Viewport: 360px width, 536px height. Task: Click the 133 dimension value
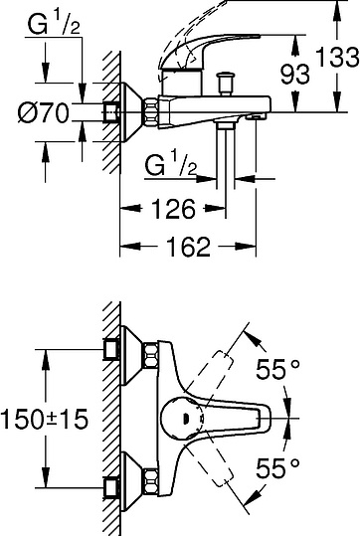tap(337, 57)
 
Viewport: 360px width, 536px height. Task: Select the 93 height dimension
tap(295, 74)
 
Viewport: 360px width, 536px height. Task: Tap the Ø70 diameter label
tap(43, 112)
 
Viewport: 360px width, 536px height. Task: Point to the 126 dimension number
tap(173, 208)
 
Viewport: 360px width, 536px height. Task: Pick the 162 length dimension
tap(188, 247)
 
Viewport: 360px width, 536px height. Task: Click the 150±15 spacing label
tap(45, 419)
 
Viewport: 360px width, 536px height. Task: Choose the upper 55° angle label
tap(277, 369)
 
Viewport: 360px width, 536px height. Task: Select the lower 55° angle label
tap(277, 468)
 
